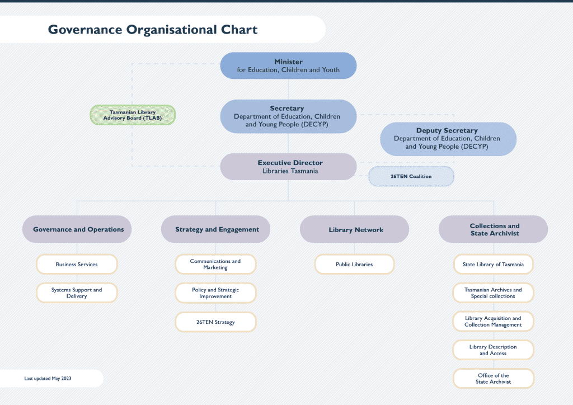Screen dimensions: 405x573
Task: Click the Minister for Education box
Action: click(x=288, y=65)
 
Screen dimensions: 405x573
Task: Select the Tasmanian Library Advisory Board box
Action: click(x=133, y=115)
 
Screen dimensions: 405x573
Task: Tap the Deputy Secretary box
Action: click(x=448, y=139)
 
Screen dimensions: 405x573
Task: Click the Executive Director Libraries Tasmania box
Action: click(x=288, y=167)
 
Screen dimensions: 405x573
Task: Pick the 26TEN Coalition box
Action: click(x=411, y=176)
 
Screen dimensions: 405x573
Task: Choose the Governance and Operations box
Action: click(x=77, y=229)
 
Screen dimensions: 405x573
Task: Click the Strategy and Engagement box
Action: click(x=216, y=229)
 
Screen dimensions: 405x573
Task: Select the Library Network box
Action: click(x=355, y=229)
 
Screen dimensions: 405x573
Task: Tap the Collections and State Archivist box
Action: click(x=494, y=229)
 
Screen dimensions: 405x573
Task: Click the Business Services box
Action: click(x=77, y=264)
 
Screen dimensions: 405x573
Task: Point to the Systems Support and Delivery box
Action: click(x=77, y=293)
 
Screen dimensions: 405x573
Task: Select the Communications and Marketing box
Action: click(x=215, y=264)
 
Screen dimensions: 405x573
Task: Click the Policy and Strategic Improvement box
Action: click(x=215, y=293)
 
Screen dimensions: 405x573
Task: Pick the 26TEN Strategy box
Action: click(x=215, y=322)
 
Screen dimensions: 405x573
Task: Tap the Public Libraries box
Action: click(x=354, y=264)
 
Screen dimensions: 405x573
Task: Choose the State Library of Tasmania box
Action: click(x=493, y=264)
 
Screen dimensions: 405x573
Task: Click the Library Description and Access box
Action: click(x=493, y=350)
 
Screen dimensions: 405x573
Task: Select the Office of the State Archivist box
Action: click(x=493, y=379)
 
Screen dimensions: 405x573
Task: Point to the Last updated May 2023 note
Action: click(x=48, y=379)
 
